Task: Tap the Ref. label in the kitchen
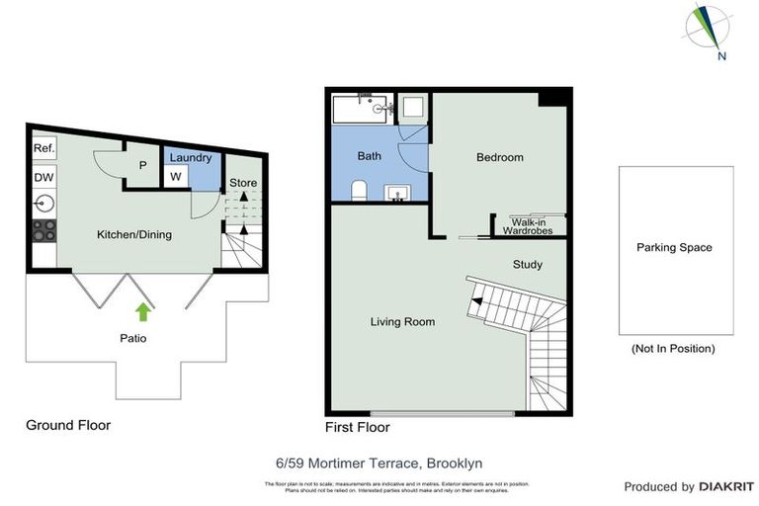[x=43, y=148]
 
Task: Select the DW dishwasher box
[x=43, y=177]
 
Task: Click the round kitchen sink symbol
[x=43, y=205]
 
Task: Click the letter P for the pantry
[x=143, y=166]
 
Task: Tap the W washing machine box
[x=175, y=177]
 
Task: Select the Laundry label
[x=191, y=158]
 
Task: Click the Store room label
[x=243, y=183]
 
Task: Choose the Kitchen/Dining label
[x=133, y=235]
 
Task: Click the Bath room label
[x=370, y=156]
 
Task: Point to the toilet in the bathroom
[x=361, y=190]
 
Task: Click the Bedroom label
[x=499, y=157]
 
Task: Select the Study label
[x=527, y=265]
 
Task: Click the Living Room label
[x=402, y=322]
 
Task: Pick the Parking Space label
[x=674, y=248]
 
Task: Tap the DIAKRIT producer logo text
[x=726, y=486]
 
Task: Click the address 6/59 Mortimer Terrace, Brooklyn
[x=379, y=463]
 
